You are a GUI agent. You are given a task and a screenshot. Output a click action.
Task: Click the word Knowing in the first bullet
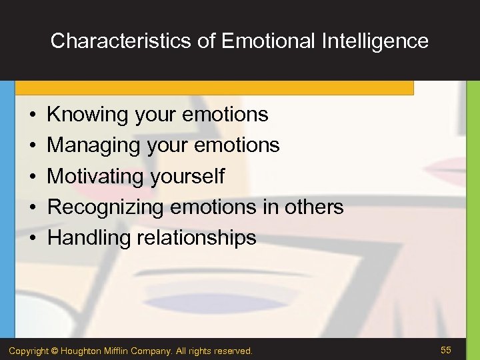click(87, 115)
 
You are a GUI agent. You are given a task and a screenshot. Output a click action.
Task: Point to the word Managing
click(95, 145)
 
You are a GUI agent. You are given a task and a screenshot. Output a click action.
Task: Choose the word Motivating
click(96, 177)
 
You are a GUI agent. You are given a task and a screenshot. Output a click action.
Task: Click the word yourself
click(187, 177)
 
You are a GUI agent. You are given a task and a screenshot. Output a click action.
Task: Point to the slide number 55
click(446, 350)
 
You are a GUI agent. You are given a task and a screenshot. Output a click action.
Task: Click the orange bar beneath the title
click(213, 88)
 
